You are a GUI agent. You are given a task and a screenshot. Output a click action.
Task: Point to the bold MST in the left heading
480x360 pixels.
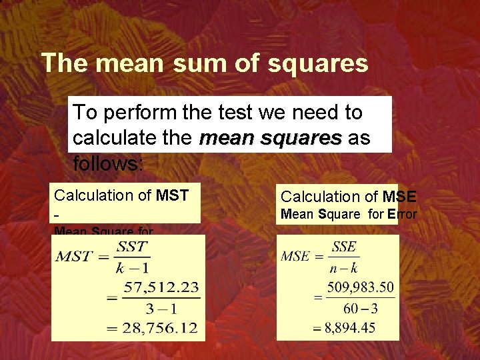[x=172, y=195]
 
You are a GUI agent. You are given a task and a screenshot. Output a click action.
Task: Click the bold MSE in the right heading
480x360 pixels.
[x=399, y=197]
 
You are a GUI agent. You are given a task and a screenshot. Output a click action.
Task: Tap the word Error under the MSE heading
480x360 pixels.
[x=402, y=214]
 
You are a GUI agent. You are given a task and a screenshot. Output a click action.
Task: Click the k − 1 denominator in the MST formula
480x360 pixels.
[x=132, y=267]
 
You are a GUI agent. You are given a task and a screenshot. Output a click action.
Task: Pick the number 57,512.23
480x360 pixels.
[x=160, y=288]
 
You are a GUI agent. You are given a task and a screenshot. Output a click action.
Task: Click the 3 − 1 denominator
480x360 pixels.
[x=160, y=308]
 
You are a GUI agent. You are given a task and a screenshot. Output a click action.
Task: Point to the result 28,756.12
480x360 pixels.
[x=160, y=328]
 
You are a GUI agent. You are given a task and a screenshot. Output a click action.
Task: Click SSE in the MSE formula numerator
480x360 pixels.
[x=343, y=247]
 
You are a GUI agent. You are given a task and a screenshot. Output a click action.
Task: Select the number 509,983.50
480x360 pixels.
[x=359, y=288]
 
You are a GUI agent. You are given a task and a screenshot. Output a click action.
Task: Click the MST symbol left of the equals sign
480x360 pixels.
[x=73, y=257]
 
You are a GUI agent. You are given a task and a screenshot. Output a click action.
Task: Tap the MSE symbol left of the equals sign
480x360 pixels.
[x=295, y=256]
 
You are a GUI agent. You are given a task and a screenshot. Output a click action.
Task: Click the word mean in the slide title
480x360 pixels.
[x=127, y=63]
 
